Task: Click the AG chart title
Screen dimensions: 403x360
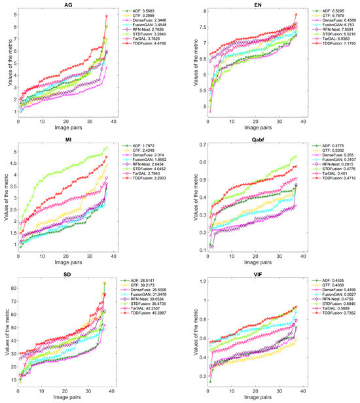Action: tap(68, 5)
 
